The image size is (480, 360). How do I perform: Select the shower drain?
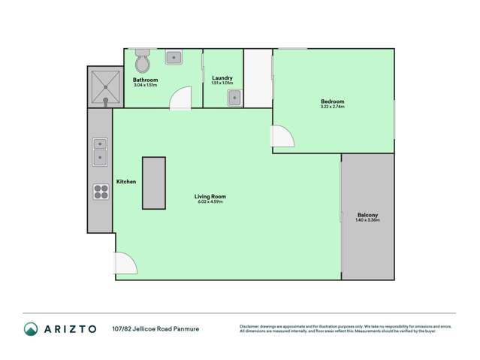pos(106,98)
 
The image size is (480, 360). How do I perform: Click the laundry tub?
pos(234,96)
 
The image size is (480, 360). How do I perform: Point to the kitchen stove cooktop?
pos(101,192)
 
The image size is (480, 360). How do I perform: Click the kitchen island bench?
pos(155,183)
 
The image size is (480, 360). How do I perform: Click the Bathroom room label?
pos(146,80)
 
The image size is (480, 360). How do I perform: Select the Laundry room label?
pos(222,77)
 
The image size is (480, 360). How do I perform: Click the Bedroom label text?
pos(332,101)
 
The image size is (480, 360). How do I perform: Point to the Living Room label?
pos(211,197)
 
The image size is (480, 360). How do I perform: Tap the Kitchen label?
pos(125,182)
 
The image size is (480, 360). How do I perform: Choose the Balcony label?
pos(367,215)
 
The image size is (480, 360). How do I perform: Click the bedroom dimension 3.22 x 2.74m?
pos(332,107)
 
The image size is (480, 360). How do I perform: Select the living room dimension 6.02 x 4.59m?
pos(211,202)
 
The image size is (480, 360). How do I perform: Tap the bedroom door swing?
pos(282,136)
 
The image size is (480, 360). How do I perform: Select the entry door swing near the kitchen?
pos(125,263)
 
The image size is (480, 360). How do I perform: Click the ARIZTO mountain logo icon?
pos(31,328)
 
